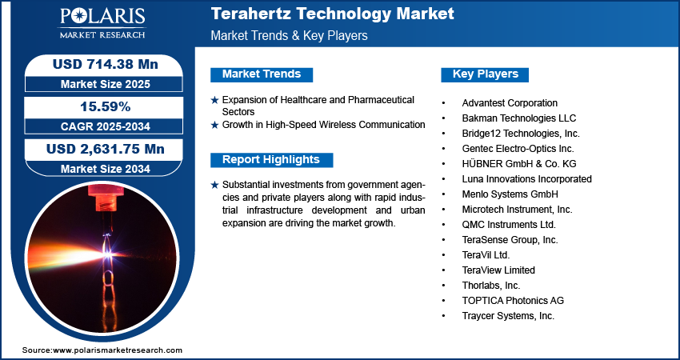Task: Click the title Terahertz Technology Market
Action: [x=332, y=14]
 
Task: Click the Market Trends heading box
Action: [x=261, y=74]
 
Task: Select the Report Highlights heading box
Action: [x=271, y=159]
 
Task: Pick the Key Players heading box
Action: [x=485, y=74]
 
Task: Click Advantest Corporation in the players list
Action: [x=510, y=103]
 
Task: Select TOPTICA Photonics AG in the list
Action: [x=513, y=301]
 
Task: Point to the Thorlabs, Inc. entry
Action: [x=490, y=286]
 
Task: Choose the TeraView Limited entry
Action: [x=498, y=270]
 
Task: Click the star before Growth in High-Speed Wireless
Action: [x=214, y=125]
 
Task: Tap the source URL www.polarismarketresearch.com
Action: [x=118, y=350]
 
